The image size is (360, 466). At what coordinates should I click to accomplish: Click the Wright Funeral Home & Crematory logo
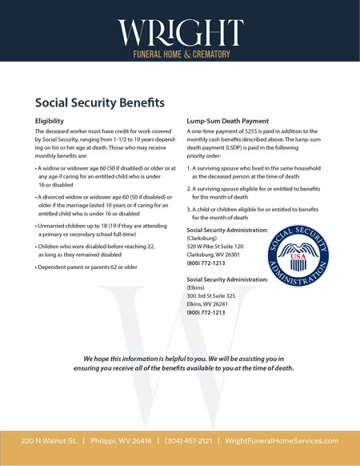180,36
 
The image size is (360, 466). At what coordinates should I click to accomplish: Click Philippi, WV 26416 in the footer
122,441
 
